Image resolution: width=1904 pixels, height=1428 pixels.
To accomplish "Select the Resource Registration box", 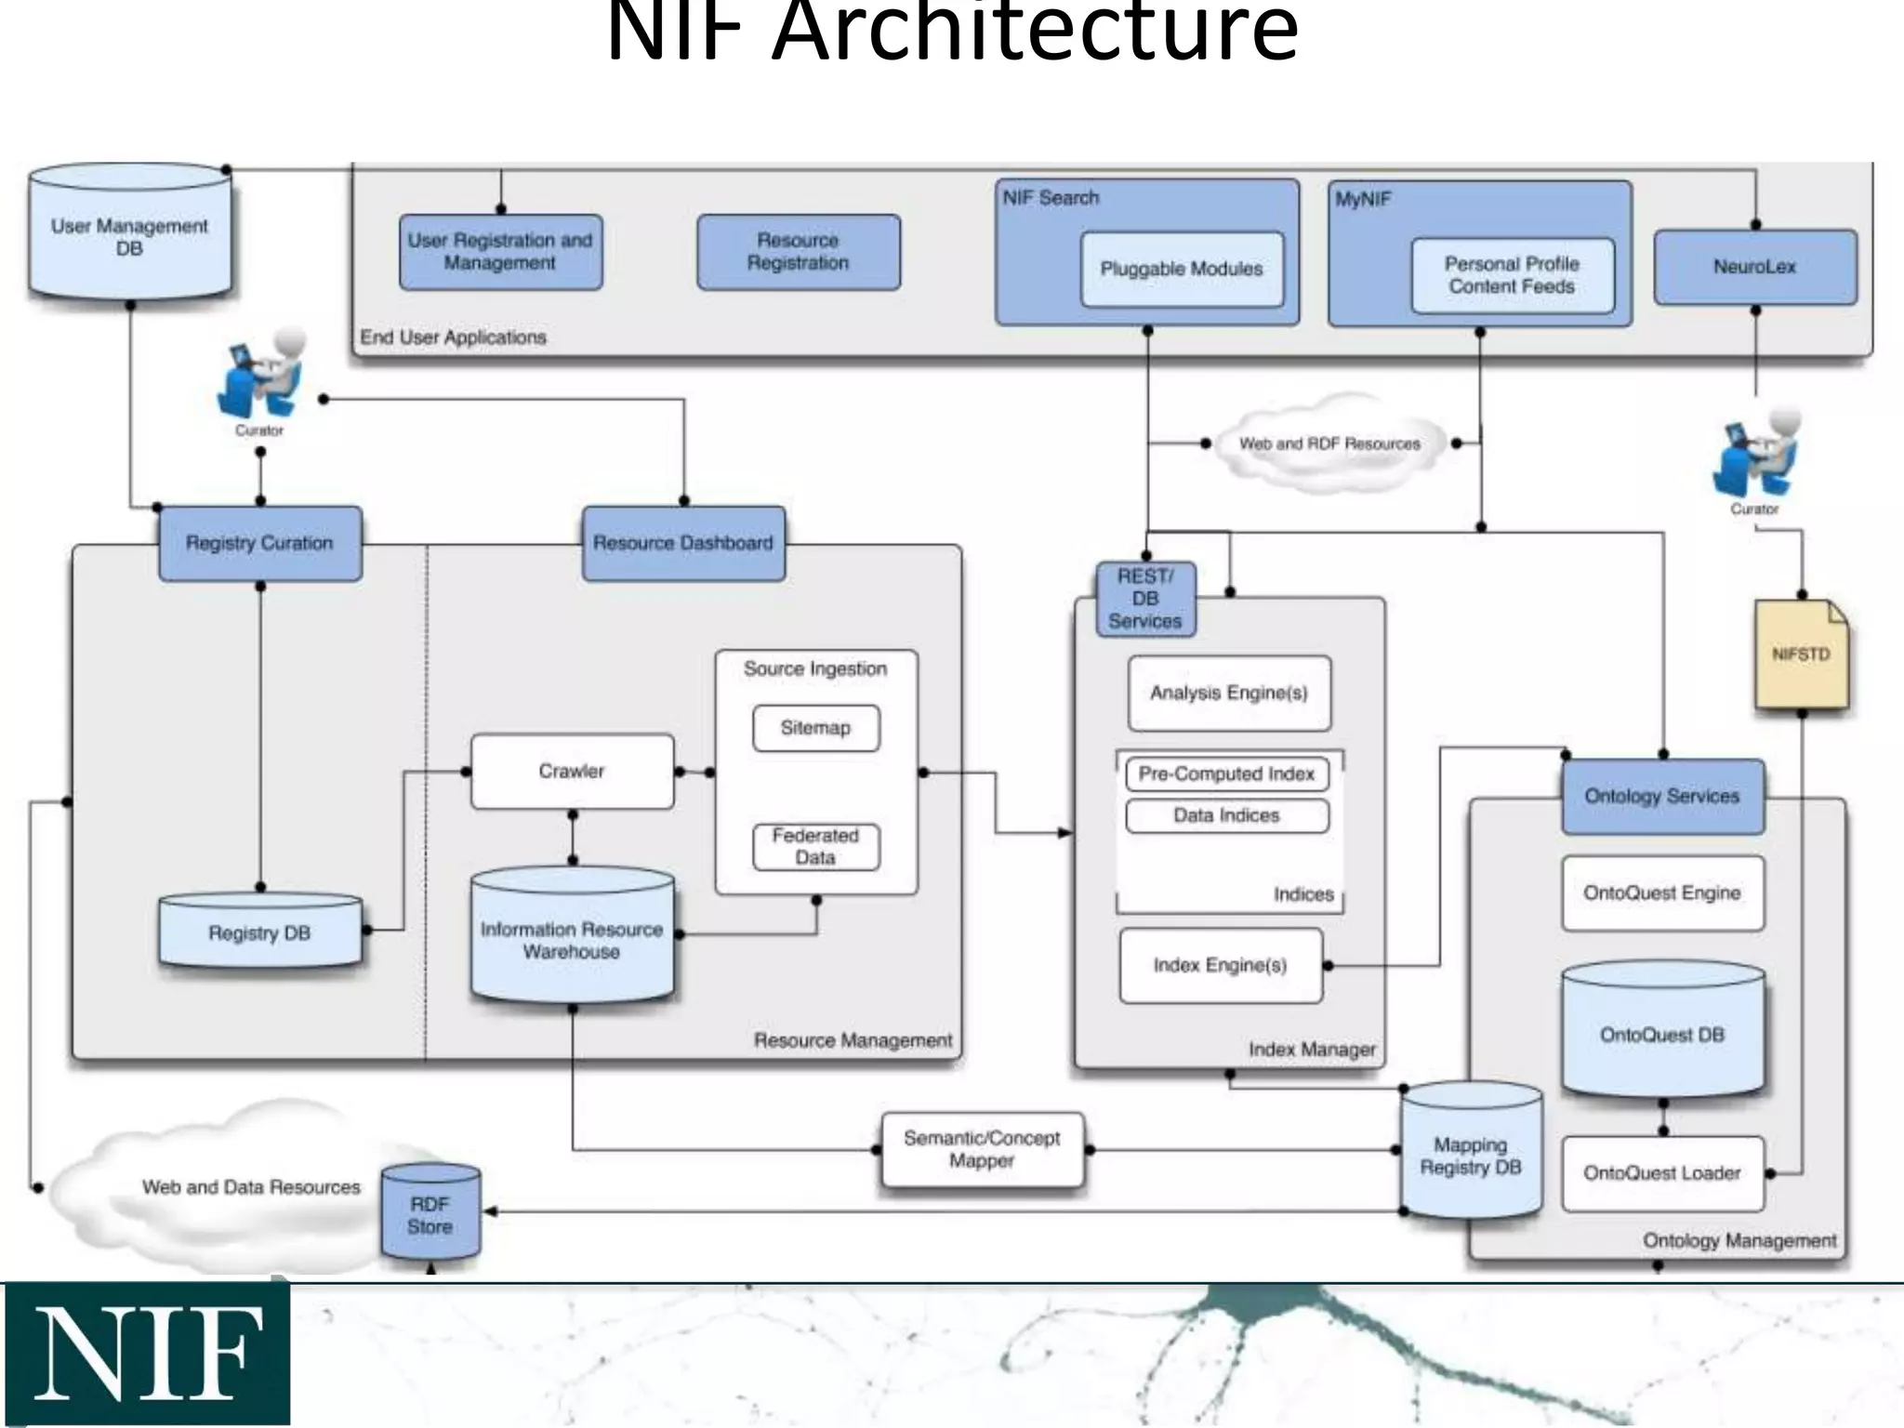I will [798, 252].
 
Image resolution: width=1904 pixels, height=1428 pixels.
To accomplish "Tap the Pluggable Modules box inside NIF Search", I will [1181, 270].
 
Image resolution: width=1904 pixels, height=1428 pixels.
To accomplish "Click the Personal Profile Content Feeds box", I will [1512, 275].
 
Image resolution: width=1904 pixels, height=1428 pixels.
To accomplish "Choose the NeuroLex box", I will [1754, 267].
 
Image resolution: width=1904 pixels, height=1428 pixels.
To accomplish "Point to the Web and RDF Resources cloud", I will [1329, 444].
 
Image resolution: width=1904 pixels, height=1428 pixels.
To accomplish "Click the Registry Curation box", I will [259, 543].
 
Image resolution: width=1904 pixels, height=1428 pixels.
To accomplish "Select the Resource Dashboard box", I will [683, 543].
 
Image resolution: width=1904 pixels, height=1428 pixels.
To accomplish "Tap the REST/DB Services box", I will [1145, 599].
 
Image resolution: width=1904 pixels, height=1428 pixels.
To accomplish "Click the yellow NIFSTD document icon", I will [1800, 654].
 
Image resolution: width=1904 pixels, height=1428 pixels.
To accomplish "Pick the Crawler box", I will [572, 771].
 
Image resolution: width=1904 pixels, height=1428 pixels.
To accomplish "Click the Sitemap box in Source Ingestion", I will [815, 728].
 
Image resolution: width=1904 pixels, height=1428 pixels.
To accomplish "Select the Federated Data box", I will [815, 846].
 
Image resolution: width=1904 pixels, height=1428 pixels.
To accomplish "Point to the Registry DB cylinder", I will [259, 932].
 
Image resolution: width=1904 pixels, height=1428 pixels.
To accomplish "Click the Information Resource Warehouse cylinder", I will [572, 939].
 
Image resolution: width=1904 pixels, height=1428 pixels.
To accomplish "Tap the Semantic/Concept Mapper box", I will [982, 1150].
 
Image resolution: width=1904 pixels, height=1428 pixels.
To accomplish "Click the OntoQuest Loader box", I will [1661, 1173].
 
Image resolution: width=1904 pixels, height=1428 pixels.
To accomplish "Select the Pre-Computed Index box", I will [1226, 773].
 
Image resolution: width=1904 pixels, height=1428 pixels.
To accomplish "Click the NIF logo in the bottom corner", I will [147, 1354].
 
